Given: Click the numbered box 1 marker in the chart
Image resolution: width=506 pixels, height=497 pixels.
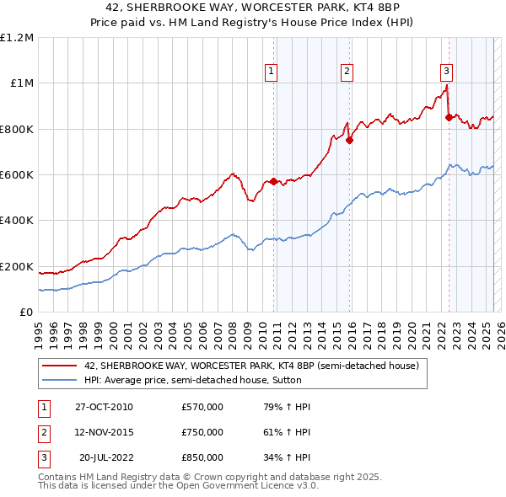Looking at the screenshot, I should [272, 72].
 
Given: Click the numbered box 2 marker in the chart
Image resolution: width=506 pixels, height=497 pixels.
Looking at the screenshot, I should [347, 72].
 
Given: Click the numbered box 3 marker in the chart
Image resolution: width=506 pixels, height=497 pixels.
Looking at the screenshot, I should [446, 72].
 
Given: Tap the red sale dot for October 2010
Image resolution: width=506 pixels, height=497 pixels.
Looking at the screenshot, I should [273, 182].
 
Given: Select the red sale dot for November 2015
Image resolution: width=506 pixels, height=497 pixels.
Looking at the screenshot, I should [349, 141].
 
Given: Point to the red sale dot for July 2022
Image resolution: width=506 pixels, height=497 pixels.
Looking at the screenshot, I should [449, 118].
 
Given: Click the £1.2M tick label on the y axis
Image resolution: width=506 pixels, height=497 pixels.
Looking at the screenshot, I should [17, 38].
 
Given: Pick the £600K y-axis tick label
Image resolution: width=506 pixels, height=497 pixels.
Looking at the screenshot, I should [17, 175].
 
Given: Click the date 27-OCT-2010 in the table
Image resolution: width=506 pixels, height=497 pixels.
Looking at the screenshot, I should [103, 407].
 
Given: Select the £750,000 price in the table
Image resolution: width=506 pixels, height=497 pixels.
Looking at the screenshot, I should [202, 432].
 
